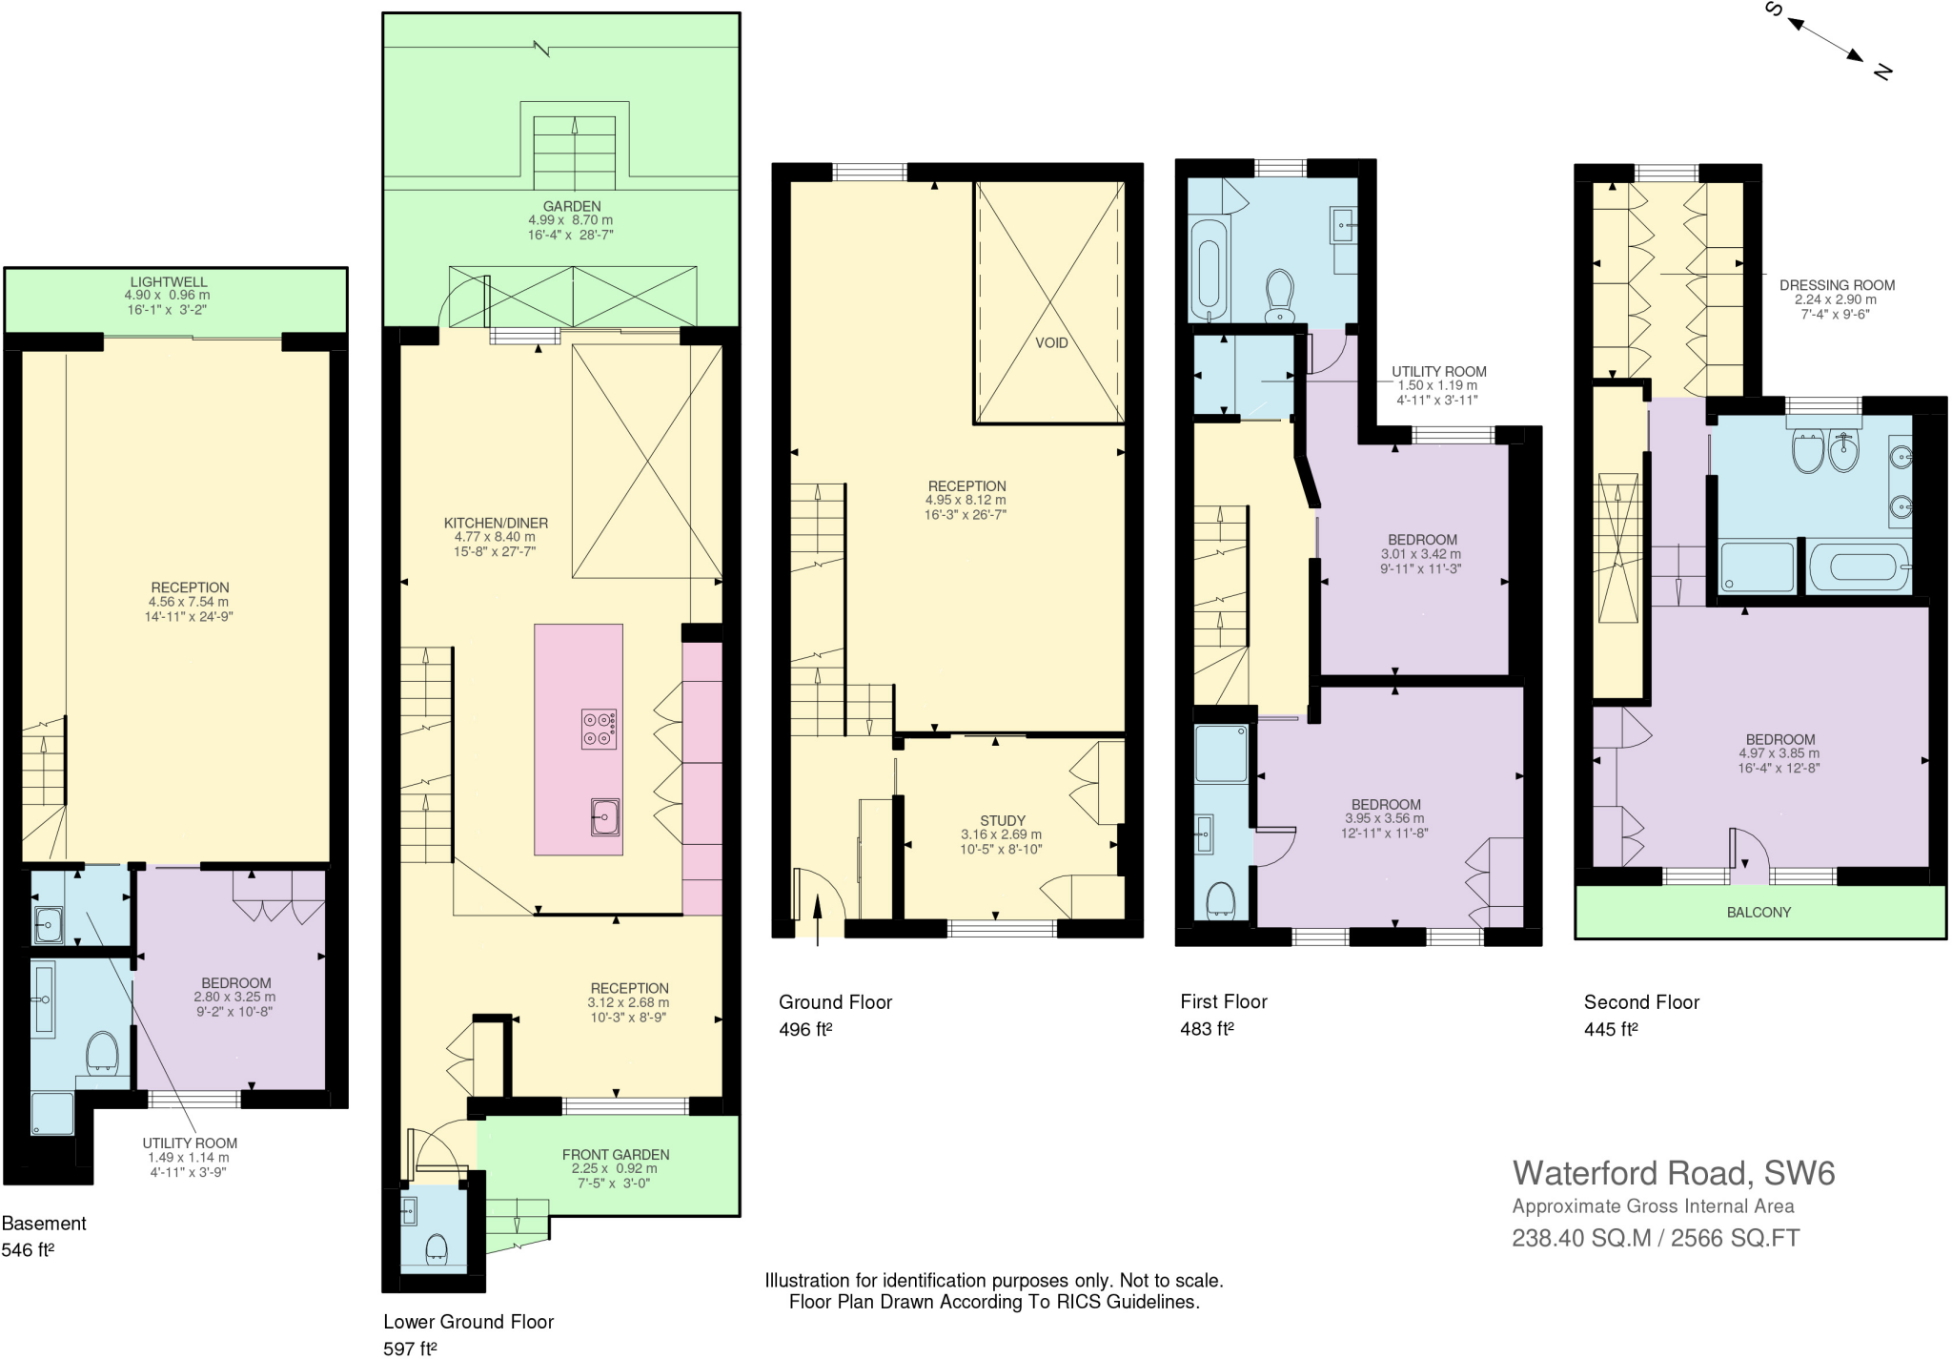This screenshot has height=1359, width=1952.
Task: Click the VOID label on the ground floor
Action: [1051, 342]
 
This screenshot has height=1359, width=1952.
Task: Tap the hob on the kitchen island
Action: [600, 729]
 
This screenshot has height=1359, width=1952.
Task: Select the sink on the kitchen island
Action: [604, 816]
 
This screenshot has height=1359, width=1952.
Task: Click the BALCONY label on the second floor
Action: [1759, 912]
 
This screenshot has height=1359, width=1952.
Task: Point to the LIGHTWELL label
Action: [168, 282]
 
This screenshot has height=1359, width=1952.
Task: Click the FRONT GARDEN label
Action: [616, 1154]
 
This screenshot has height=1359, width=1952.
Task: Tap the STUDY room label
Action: [1003, 820]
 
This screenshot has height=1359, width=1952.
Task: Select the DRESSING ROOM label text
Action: [1837, 285]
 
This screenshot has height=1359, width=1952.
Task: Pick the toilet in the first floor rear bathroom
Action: [1279, 296]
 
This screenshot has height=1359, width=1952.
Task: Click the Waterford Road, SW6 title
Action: [1674, 1172]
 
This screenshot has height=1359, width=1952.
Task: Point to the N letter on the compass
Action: [1881, 71]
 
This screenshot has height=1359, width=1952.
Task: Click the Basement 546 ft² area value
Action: [28, 1249]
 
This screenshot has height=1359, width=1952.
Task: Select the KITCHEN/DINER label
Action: [496, 523]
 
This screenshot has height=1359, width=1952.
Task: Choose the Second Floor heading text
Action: [1641, 1001]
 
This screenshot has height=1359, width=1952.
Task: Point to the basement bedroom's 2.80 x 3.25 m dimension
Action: [234, 997]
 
